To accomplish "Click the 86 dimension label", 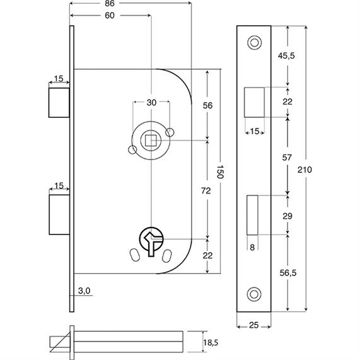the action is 110,3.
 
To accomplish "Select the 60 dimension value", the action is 110,16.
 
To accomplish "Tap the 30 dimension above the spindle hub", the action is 151,103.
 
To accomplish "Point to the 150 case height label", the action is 219,171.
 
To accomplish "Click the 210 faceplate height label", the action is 305,170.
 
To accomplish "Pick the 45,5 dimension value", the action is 286,55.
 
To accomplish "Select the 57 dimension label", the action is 287,158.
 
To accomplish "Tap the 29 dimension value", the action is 287,216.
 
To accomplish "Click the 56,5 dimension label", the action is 288,273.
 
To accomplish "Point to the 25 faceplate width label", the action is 253,325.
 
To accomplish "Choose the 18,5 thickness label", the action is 211,343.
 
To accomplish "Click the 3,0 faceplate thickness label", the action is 84,291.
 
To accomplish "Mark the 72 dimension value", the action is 206,190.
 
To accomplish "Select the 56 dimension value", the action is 207,105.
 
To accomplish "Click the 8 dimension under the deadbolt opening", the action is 252,247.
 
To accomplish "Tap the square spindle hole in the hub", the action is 151,141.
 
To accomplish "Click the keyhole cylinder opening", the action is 151,241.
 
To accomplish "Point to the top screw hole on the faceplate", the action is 254,43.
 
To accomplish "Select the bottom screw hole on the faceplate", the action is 254,294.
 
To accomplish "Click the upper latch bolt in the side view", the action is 59,103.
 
